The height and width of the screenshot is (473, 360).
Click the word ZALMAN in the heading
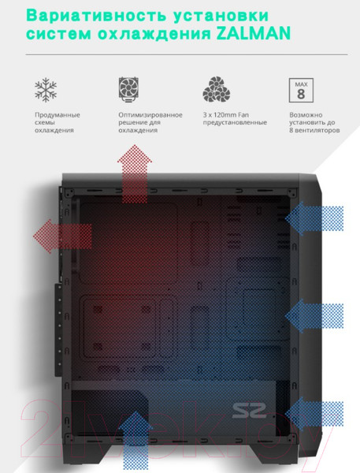[254, 33]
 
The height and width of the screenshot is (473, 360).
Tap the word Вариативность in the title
[97, 15]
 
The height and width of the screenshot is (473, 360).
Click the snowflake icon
[46, 90]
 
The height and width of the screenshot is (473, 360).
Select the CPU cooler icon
[128, 89]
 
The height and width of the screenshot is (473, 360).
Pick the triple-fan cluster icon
[216, 89]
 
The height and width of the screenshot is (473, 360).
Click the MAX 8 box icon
[301, 90]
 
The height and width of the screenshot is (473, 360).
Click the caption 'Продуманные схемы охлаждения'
[58, 122]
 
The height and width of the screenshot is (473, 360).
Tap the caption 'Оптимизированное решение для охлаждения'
[150, 122]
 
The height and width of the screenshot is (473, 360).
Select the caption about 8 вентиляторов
[314, 122]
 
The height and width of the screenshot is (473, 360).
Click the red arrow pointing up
[135, 173]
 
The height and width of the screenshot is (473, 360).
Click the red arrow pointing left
[62, 236]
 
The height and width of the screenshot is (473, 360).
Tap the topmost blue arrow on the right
[314, 218]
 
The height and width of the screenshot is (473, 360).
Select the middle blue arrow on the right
[314, 316]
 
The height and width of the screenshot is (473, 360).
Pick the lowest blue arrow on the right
[314, 414]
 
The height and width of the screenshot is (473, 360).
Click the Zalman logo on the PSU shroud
[250, 411]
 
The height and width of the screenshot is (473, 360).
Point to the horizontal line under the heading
[187, 54]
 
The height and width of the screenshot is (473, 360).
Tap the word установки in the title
[221, 16]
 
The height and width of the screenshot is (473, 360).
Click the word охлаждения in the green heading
[154, 34]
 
